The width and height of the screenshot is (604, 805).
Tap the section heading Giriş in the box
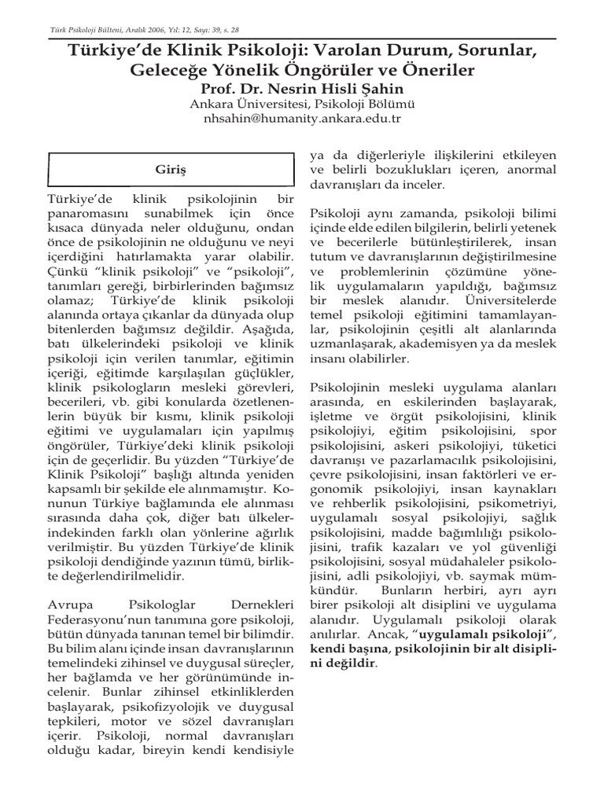click(168, 169)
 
